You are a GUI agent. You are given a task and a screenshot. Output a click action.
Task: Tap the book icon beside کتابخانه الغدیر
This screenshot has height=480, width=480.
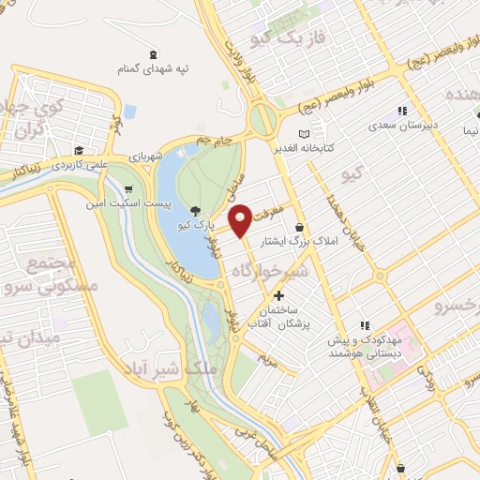pyautogui.click(x=303, y=134)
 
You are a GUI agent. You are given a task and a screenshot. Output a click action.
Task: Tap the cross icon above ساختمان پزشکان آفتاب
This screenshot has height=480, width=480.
pyautogui.click(x=277, y=295)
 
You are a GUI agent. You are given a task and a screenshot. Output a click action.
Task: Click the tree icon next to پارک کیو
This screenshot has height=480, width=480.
pyautogui.click(x=195, y=211)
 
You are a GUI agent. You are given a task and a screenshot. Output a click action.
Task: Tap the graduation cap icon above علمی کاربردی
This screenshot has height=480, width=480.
pyautogui.click(x=80, y=150)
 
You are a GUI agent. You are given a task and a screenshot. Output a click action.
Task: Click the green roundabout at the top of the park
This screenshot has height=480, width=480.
pyautogui.click(x=263, y=119)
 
